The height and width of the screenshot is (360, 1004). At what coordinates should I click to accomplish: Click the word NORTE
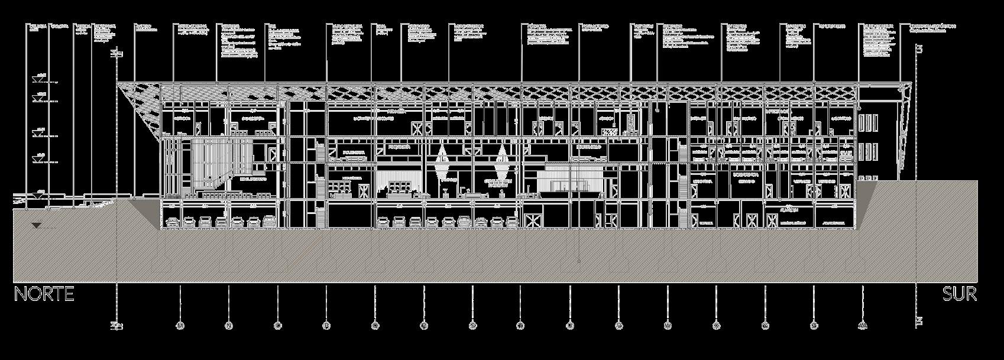click(44, 294)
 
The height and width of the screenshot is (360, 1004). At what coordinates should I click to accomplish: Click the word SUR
click(959, 294)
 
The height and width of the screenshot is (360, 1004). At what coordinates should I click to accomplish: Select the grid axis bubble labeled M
click(180, 325)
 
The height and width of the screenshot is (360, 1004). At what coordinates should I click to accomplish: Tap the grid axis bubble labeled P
click(326, 325)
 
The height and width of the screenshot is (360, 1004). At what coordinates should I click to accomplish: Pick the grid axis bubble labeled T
click(521, 325)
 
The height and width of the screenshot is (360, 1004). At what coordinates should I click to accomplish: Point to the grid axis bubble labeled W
click(668, 325)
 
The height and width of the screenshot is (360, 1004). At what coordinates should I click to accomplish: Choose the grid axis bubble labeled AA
click(863, 325)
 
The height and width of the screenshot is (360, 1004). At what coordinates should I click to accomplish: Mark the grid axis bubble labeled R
click(424, 325)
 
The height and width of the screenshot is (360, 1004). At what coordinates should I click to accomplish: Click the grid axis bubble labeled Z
click(814, 325)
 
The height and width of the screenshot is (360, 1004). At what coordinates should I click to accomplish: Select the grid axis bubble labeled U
click(570, 325)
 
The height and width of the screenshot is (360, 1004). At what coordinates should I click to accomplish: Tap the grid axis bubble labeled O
click(278, 325)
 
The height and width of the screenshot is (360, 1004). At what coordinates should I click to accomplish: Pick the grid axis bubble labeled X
click(716, 325)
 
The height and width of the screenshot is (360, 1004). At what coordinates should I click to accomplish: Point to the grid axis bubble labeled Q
click(375, 325)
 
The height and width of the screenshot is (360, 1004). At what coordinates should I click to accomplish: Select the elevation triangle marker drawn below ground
click(37, 225)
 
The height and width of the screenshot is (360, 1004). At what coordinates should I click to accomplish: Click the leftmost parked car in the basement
click(173, 222)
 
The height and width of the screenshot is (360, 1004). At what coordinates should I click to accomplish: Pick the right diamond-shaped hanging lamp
click(502, 157)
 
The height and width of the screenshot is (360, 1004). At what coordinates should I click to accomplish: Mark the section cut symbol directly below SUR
click(918, 321)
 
